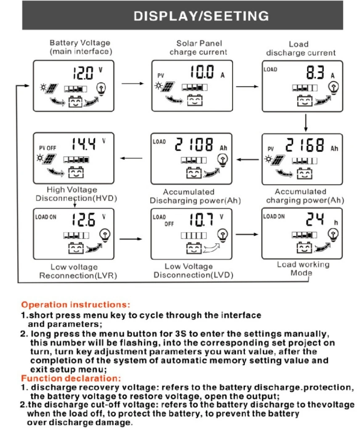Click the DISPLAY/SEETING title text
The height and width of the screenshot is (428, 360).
tap(201, 16)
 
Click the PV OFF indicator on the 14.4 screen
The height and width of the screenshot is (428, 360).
tap(47, 148)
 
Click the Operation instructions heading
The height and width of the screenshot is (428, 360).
tap(76, 304)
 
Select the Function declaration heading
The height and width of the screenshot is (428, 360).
tap(71, 378)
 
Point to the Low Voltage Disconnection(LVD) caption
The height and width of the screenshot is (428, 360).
tap(194, 271)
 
